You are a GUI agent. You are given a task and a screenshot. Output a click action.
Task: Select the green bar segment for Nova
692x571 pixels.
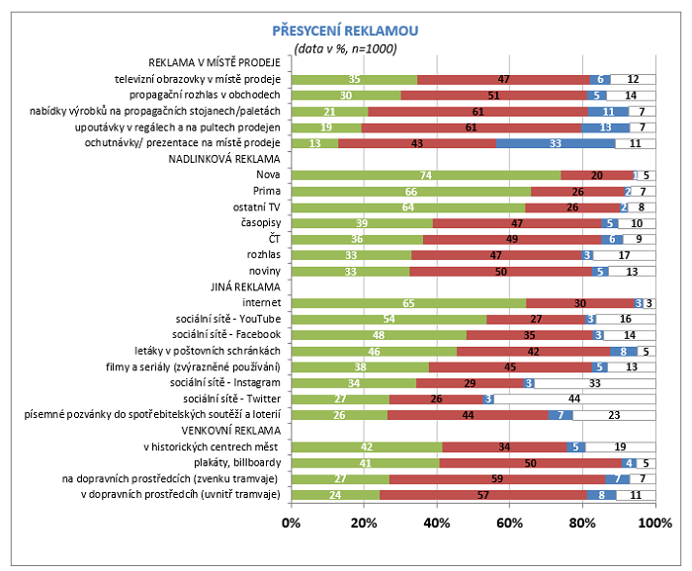(425, 174)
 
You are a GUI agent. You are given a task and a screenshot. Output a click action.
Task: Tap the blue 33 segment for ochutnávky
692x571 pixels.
(556, 142)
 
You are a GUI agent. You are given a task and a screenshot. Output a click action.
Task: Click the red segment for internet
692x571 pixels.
(580, 303)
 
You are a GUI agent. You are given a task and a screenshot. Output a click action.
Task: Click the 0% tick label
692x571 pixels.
(291, 521)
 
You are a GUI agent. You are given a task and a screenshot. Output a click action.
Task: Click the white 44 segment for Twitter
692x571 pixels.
(574, 398)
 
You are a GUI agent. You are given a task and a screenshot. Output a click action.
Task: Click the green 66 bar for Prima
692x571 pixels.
(410, 191)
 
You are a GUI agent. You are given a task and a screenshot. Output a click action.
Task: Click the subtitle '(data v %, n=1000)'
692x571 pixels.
(345, 48)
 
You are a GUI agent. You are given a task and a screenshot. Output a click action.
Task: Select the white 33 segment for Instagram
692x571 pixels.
(594, 382)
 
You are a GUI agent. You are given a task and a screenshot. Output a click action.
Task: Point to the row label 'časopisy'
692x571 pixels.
(262, 222)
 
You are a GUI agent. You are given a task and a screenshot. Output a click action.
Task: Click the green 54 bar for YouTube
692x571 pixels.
(389, 319)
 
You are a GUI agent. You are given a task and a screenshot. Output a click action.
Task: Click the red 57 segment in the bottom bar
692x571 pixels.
(481, 494)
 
